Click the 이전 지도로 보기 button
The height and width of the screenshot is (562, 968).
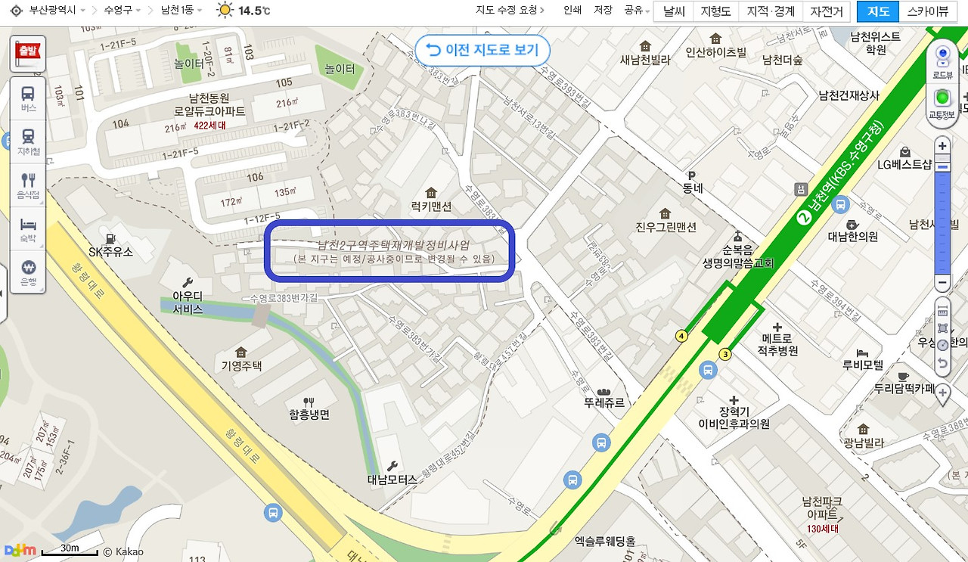(x=482, y=50)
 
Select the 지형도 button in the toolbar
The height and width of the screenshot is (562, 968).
(x=715, y=11)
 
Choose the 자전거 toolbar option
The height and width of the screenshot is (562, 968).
(x=826, y=11)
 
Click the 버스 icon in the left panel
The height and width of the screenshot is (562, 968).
(x=28, y=99)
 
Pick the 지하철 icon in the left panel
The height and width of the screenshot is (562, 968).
(x=28, y=141)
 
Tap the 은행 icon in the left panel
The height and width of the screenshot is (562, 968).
(x=28, y=272)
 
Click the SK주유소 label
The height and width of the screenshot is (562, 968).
(x=110, y=251)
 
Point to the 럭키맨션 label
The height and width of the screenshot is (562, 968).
(x=431, y=206)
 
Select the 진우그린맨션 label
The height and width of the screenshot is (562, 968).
(x=665, y=226)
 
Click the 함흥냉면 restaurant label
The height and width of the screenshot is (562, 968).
(x=309, y=415)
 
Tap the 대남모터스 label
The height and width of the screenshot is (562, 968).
(x=392, y=478)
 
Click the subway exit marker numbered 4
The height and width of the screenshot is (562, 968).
(x=681, y=335)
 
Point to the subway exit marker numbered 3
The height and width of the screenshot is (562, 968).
(x=725, y=353)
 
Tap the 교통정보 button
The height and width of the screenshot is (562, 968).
(x=942, y=102)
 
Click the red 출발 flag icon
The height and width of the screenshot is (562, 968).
(x=27, y=54)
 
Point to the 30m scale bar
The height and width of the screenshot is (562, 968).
(x=70, y=551)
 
